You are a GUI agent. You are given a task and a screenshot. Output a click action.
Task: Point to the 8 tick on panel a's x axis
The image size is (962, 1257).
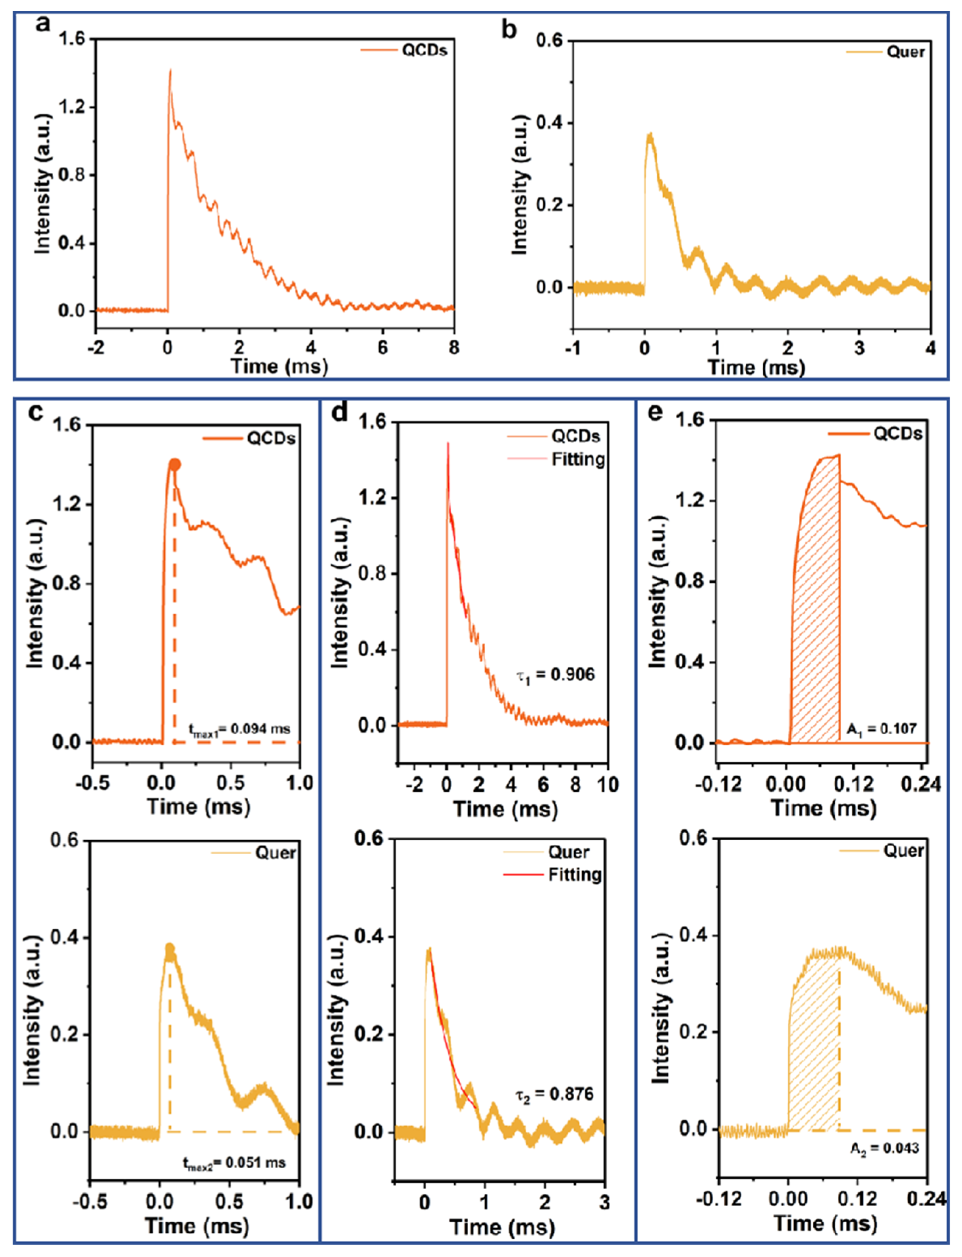[x=454, y=347]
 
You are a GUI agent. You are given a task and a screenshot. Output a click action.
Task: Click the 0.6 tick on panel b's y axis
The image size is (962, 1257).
[x=549, y=41]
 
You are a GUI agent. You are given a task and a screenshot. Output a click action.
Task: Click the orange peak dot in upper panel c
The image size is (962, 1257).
[x=175, y=465]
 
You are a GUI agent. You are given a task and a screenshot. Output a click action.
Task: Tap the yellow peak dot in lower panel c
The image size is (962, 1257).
[x=170, y=948]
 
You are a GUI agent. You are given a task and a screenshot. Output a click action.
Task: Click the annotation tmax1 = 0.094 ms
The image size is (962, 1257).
[x=239, y=729]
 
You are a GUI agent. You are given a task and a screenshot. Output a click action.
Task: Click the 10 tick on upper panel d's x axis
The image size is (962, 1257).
[x=607, y=784]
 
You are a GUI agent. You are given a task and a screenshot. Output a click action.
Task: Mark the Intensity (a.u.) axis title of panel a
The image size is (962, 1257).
[x=43, y=183]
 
